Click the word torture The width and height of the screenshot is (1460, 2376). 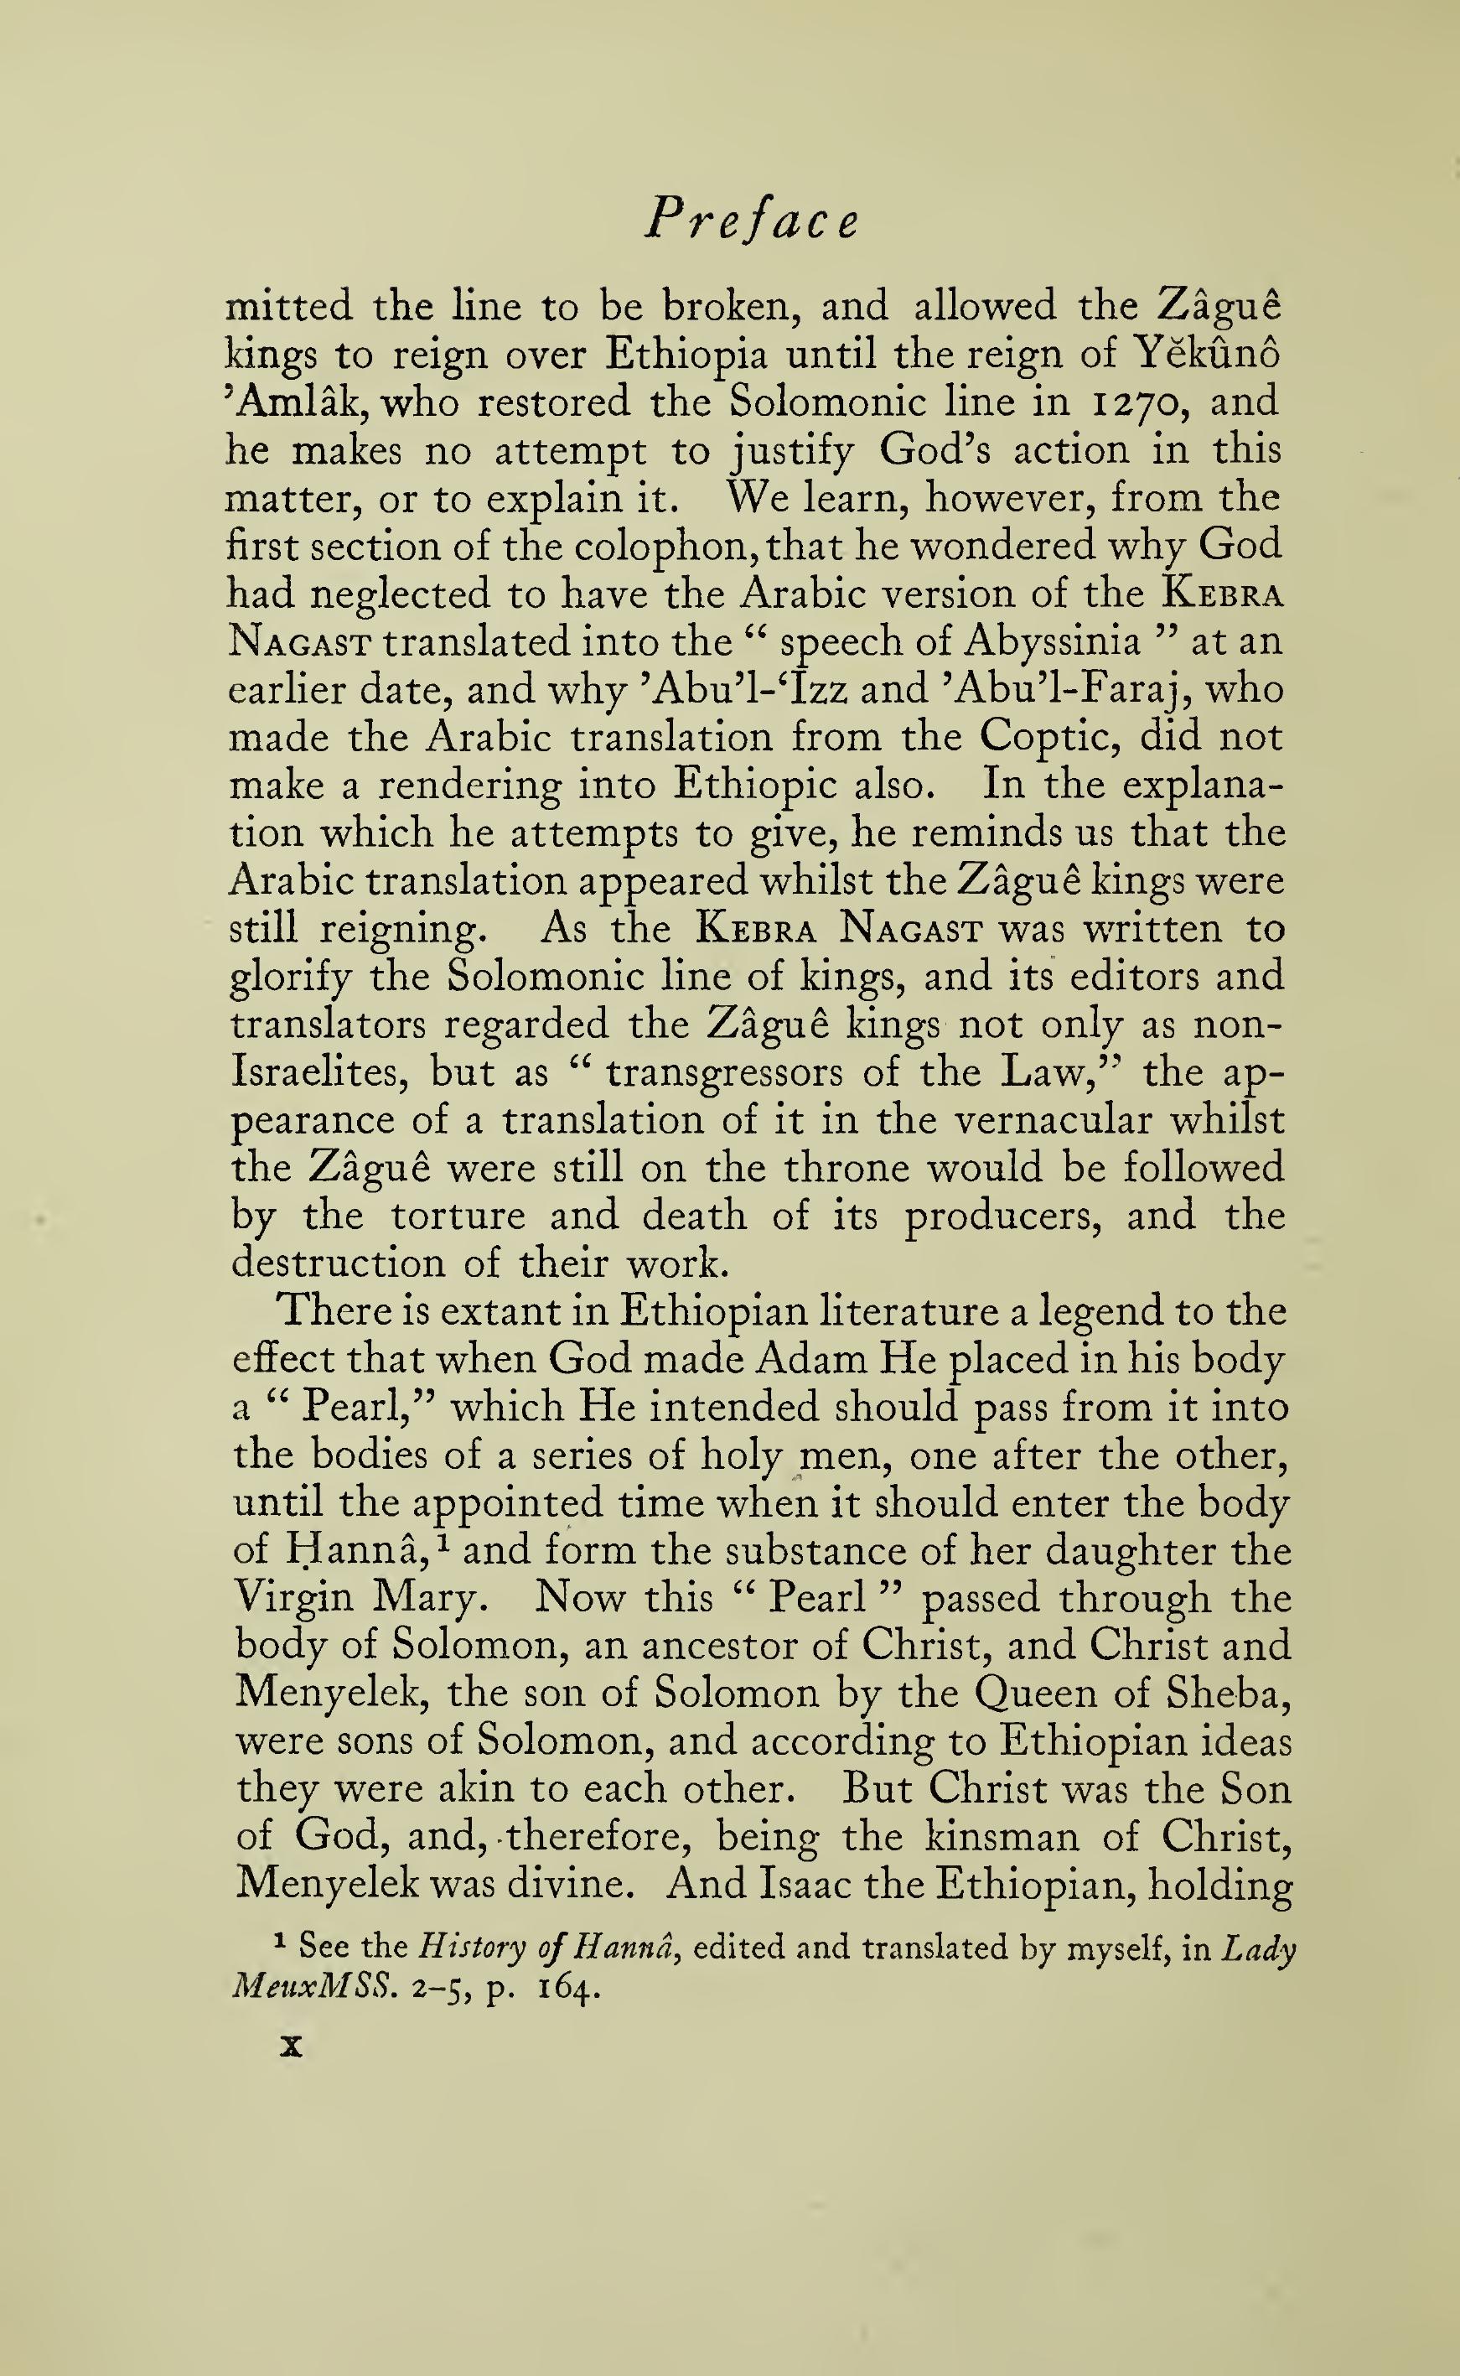(458, 1215)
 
